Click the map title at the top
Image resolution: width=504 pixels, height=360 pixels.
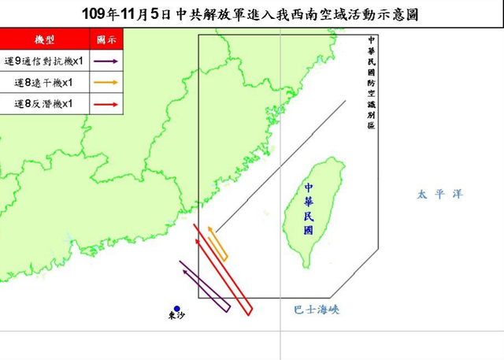[x=252, y=13]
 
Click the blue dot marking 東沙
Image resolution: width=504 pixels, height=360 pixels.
[x=177, y=309]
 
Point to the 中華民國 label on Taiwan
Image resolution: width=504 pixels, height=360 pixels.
[x=309, y=209]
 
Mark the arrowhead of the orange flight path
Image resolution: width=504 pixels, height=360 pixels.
[x=209, y=228]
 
